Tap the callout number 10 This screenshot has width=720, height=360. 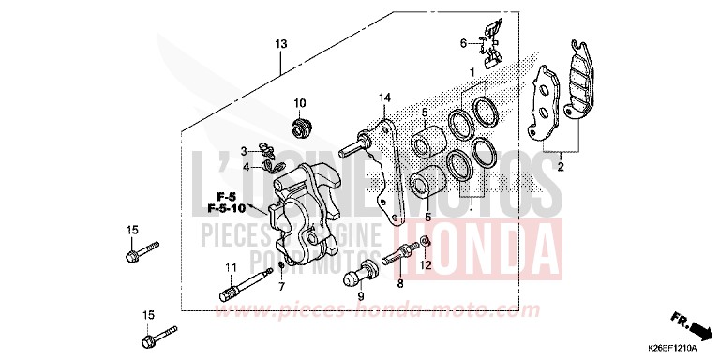pos(301,102)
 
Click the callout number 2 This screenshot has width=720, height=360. pos(561,168)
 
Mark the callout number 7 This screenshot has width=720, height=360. pos(281,286)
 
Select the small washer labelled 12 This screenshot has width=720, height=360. pos(425,245)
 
